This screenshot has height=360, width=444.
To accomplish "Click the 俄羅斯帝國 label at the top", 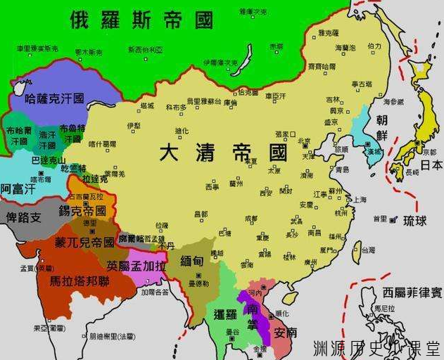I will (x=141, y=20).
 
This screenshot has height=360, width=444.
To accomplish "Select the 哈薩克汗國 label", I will (x=54, y=98).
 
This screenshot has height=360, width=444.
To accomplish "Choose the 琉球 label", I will (x=414, y=221).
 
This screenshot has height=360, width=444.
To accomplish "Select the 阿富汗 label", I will (x=16, y=188).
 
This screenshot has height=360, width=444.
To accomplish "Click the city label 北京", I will (x=304, y=141).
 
